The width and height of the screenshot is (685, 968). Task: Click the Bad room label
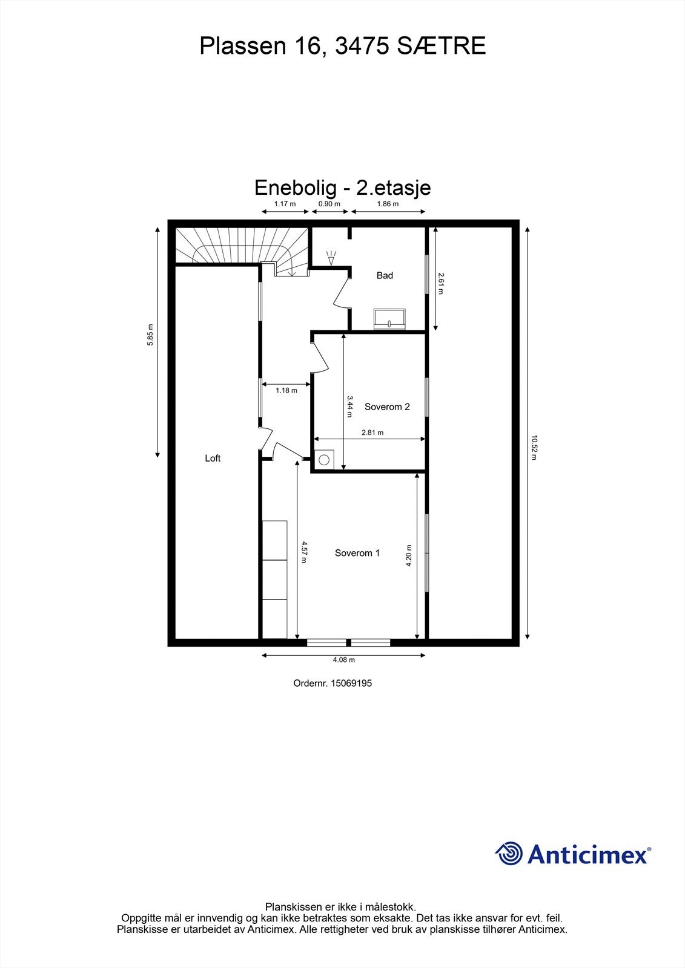pyautogui.click(x=385, y=276)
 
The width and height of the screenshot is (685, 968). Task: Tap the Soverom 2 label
pyautogui.click(x=387, y=407)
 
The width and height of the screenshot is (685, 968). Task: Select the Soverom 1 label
pyautogui.click(x=357, y=553)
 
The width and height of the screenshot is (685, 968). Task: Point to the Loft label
pyautogui.click(x=213, y=459)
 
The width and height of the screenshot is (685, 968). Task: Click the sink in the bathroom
pyautogui.click(x=390, y=319)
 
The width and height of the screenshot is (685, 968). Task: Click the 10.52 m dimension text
pyautogui.click(x=534, y=448)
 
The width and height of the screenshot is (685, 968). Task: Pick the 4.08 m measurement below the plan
pyautogui.click(x=343, y=660)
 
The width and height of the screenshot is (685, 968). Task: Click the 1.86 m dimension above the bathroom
pyautogui.click(x=388, y=204)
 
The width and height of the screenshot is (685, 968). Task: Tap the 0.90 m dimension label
pyautogui.click(x=329, y=204)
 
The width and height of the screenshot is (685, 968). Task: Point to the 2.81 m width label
pyautogui.click(x=372, y=433)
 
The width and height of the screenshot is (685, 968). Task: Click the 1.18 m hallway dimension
pyautogui.click(x=286, y=391)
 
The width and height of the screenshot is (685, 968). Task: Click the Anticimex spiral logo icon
pyautogui.click(x=509, y=854)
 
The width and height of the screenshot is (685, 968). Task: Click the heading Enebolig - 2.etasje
pyautogui.click(x=342, y=187)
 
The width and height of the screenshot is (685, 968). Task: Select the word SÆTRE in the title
pyautogui.click(x=442, y=46)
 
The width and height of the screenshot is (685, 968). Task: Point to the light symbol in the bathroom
pyautogui.click(x=331, y=258)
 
